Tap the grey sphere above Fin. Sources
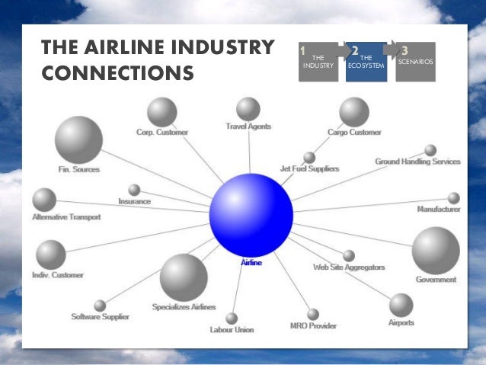tap(78, 139)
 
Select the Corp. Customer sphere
tap(161, 112)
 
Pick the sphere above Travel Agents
tap(248, 108)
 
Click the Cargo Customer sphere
tap(354, 111)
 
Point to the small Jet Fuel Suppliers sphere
tap(309, 157)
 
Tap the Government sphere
tap(436, 250)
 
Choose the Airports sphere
tap(401, 305)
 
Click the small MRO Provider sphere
tap(313, 314)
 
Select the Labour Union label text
tap(232, 330)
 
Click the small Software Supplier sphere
tap(100, 306)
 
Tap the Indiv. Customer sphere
tap(51, 255)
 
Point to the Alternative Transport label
tap(66, 217)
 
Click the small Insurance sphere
tap(134, 189)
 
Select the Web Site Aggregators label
tap(349, 267)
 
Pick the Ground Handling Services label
tap(417, 162)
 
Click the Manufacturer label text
tap(438, 210)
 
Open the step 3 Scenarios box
tap(416, 62)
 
